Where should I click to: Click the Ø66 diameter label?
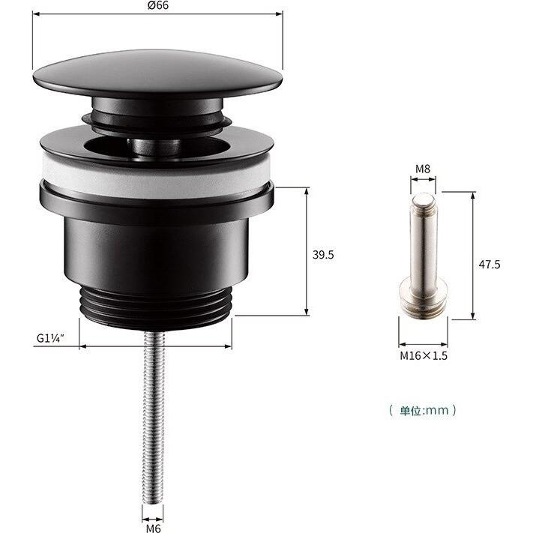157,5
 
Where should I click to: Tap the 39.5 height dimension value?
323,255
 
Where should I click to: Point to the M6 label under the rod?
153,528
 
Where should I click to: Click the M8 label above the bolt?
424,169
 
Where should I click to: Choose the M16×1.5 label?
423,355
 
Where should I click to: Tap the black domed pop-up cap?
157,73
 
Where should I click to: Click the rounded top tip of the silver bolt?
424,199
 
